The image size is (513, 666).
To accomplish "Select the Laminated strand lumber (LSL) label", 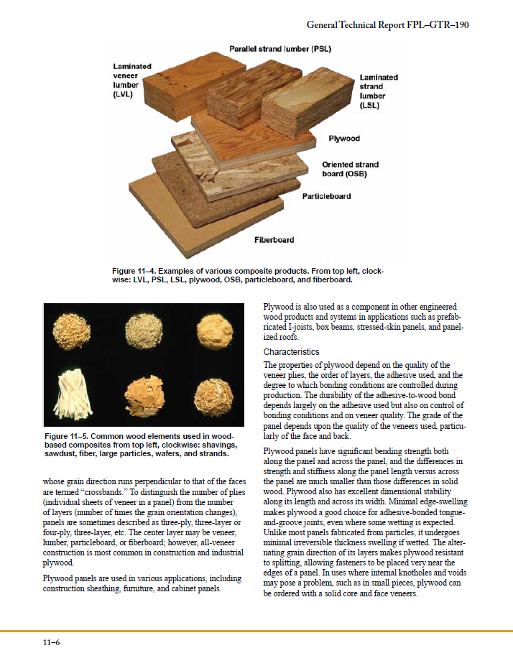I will (x=378, y=91).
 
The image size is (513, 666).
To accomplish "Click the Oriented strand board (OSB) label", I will (x=350, y=170).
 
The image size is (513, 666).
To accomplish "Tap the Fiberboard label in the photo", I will (x=274, y=239).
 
